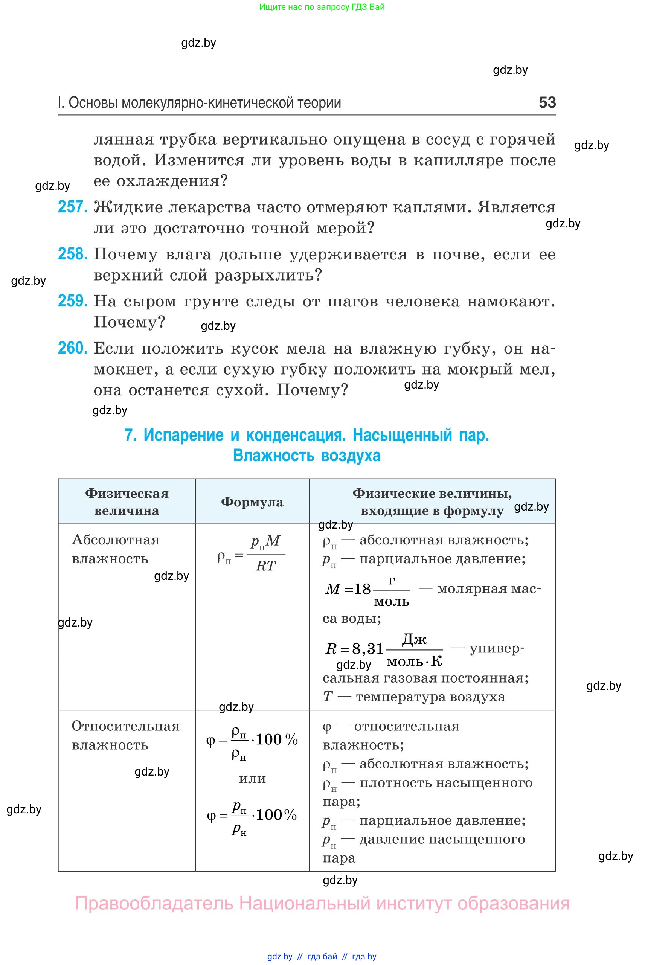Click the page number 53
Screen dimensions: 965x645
point(547,102)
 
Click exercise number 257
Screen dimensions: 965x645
point(72,207)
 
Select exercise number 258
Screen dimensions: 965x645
point(72,254)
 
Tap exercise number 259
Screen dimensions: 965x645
point(72,301)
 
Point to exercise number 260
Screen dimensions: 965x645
point(72,348)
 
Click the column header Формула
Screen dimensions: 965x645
point(252,502)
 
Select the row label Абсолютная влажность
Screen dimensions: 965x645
point(115,549)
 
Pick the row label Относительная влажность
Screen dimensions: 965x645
point(125,735)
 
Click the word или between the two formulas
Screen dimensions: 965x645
point(252,779)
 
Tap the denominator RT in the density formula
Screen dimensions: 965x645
point(266,566)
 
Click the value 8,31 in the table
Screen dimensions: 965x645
point(367,649)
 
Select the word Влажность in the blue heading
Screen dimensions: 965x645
point(273,456)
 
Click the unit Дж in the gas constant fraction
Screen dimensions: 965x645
point(414,639)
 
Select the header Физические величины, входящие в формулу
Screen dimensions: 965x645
point(432,502)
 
